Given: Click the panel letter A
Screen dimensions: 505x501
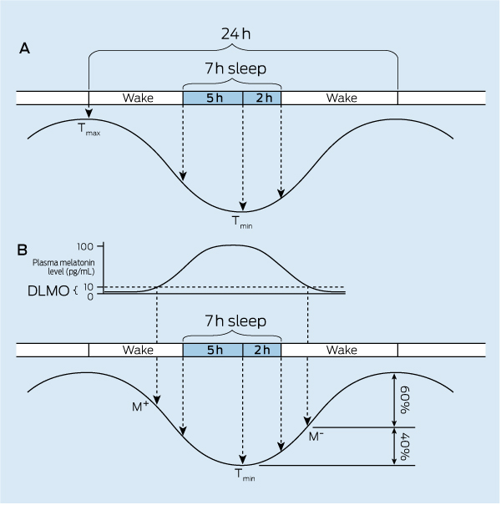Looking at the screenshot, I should pyautogui.click(x=25, y=48).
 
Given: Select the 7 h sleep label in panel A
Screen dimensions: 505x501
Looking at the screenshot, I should pyautogui.click(x=232, y=69).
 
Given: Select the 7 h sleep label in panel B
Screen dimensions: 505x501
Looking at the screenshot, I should pyautogui.click(x=232, y=321).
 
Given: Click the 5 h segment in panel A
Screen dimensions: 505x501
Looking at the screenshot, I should pyautogui.click(x=213, y=98).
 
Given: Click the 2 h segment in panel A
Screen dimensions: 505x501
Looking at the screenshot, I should pyautogui.click(x=262, y=98).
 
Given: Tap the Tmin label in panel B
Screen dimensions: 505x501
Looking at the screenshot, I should pyautogui.click(x=243, y=474).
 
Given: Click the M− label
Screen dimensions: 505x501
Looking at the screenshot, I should pyautogui.click(x=316, y=436).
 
